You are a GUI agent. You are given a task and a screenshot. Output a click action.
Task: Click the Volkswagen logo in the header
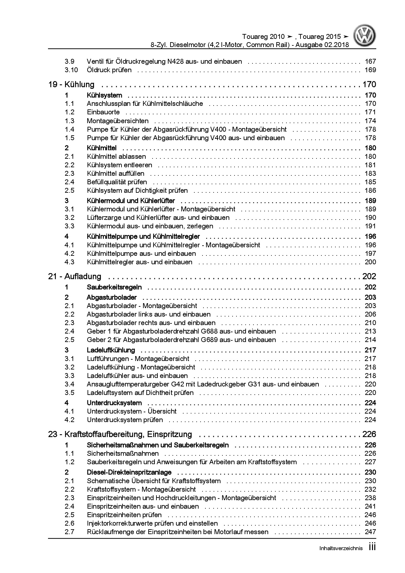(x=365, y=37)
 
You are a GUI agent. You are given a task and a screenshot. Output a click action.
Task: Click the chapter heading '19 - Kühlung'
(x=71, y=85)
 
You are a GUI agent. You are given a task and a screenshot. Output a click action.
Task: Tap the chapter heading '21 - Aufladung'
(x=74, y=277)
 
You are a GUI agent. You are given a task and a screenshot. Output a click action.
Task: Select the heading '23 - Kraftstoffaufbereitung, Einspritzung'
(x=120, y=434)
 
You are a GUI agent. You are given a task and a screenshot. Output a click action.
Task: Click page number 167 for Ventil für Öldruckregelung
(x=370, y=61)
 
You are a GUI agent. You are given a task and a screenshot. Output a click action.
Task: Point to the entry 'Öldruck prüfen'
(x=109, y=70)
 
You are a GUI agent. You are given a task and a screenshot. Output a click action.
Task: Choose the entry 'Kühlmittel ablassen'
(x=116, y=156)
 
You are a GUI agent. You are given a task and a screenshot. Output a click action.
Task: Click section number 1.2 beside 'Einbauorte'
(x=69, y=112)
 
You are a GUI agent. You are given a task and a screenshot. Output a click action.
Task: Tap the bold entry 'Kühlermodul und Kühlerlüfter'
(x=131, y=201)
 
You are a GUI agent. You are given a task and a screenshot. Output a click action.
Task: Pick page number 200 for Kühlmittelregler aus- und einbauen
(x=370, y=262)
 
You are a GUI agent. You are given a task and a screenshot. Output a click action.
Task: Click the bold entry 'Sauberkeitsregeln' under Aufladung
(x=114, y=287)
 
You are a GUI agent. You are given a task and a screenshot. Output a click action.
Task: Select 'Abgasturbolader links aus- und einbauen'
(x=149, y=314)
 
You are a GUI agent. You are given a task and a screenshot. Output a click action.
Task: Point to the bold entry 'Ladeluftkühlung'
(x=111, y=350)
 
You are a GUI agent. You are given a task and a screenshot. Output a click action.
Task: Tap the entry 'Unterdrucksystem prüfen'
(x=125, y=420)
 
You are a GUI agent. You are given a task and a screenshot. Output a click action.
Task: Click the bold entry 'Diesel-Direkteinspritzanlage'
(x=129, y=472)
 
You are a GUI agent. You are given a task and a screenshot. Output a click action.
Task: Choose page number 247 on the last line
(x=370, y=532)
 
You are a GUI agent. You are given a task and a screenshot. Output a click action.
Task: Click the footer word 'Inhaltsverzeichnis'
(x=341, y=548)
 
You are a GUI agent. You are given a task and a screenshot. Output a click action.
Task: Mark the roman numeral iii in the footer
(x=372, y=547)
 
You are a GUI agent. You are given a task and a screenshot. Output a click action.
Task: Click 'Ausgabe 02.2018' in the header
(x=322, y=45)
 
